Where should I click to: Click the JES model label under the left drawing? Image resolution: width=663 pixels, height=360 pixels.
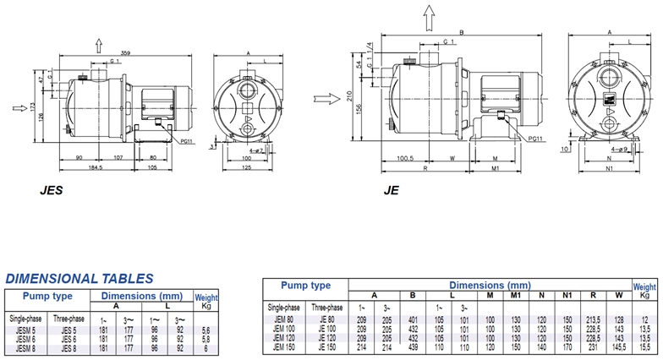click(52, 191)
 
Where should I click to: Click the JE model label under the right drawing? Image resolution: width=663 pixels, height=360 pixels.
click(391, 191)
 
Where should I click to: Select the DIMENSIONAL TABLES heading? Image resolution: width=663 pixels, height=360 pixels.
click(79, 278)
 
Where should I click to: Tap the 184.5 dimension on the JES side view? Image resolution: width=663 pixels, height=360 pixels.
click(95, 167)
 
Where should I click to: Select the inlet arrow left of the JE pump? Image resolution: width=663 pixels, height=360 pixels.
click(323, 99)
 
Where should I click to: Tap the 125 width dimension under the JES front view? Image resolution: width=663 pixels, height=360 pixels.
click(248, 167)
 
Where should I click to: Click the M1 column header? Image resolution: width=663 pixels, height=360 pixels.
click(516, 295)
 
